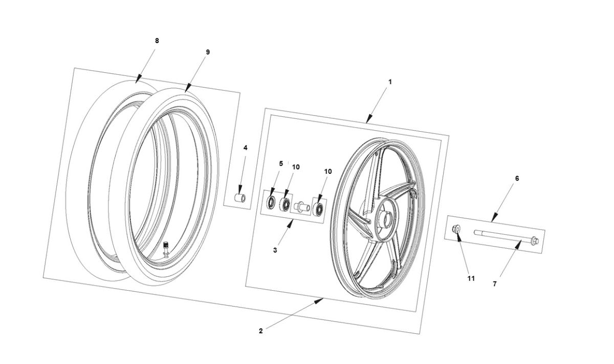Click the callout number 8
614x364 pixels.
[x=157, y=41]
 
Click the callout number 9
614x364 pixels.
[x=208, y=52]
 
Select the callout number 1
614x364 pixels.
[x=390, y=82]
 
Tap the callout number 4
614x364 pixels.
[x=245, y=148]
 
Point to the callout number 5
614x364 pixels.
[x=281, y=164]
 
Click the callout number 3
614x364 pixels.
[x=275, y=250]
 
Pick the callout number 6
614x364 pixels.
[x=517, y=178]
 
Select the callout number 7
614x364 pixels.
[x=495, y=284]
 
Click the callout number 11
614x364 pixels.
[x=471, y=278]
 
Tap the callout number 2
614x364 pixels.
[x=260, y=331]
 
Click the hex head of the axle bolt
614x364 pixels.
[x=534, y=240]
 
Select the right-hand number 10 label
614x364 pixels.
[x=327, y=171]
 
